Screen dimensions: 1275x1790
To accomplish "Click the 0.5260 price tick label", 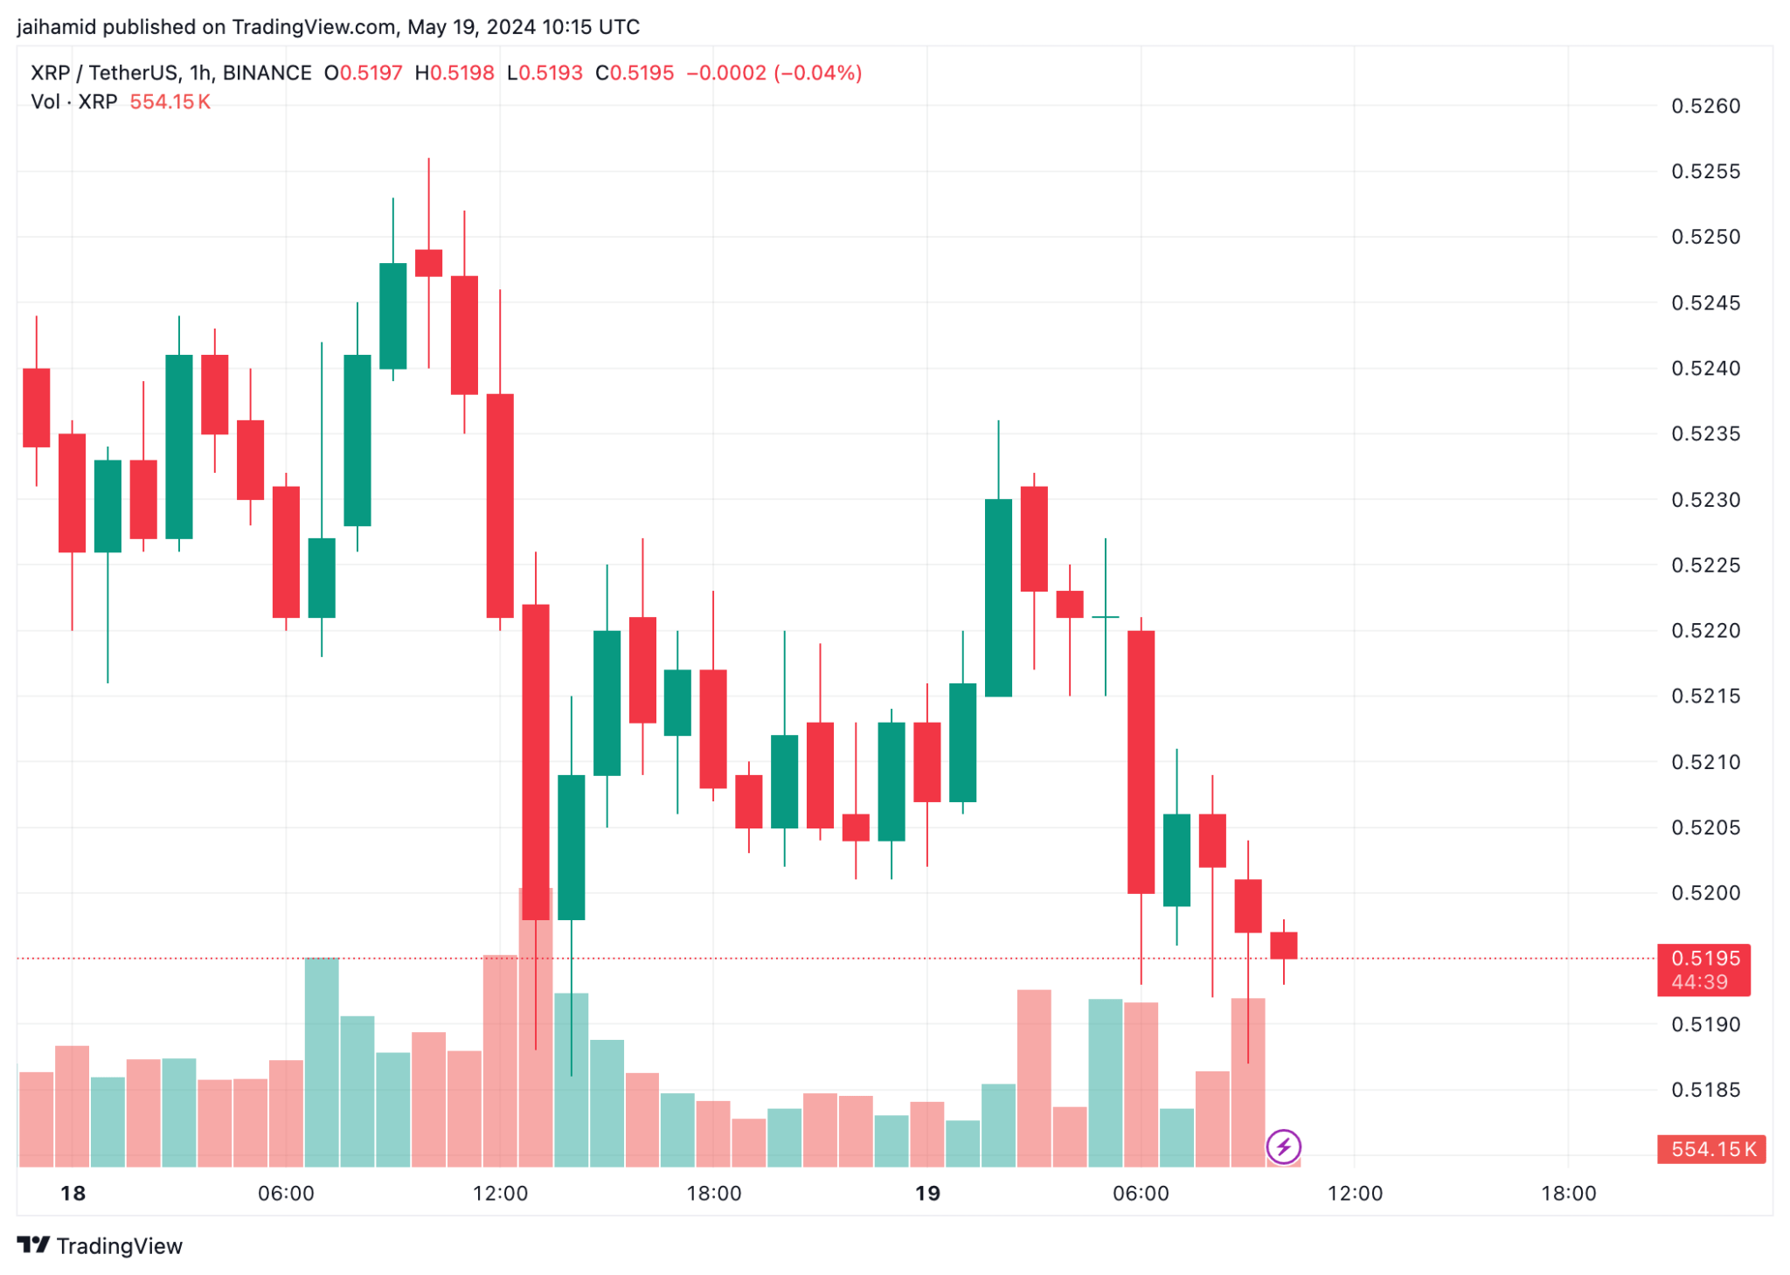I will tap(1704, 107).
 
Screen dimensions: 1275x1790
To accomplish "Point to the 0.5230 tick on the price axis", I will tap(1704, 500).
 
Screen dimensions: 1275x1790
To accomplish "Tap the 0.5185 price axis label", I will tap(1704, 1090).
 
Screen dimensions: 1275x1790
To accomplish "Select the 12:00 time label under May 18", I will tap(500, 1194).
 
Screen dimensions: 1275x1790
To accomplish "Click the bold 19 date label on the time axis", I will tap(927, 1194).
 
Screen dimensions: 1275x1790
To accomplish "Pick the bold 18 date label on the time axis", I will tap(73, 1194).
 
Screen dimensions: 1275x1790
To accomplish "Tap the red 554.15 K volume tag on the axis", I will tap(1710, 1149).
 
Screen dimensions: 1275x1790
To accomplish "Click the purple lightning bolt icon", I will tap(1283, 1147).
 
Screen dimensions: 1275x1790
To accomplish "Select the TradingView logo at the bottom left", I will tap(100, 1246).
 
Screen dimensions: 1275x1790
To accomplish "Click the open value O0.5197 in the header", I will tap(364, 73).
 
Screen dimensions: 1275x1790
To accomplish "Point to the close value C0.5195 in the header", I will tap(635, 73).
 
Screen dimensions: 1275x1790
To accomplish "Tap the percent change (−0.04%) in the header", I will tap(818, 73).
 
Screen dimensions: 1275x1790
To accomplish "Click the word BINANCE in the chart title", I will tap(267, 73).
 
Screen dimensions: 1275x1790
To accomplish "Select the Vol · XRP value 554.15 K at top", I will tap(170, 102).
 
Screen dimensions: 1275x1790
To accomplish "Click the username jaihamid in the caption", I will tap(56, 27).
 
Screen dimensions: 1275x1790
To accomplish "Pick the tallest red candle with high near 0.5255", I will tap(428, 262).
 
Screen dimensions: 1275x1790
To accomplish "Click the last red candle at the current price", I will tap(1283, 946).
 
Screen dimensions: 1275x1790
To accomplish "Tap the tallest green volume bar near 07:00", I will tap(322, 1062).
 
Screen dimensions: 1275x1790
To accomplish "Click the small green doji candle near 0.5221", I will tap(1105, 617).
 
